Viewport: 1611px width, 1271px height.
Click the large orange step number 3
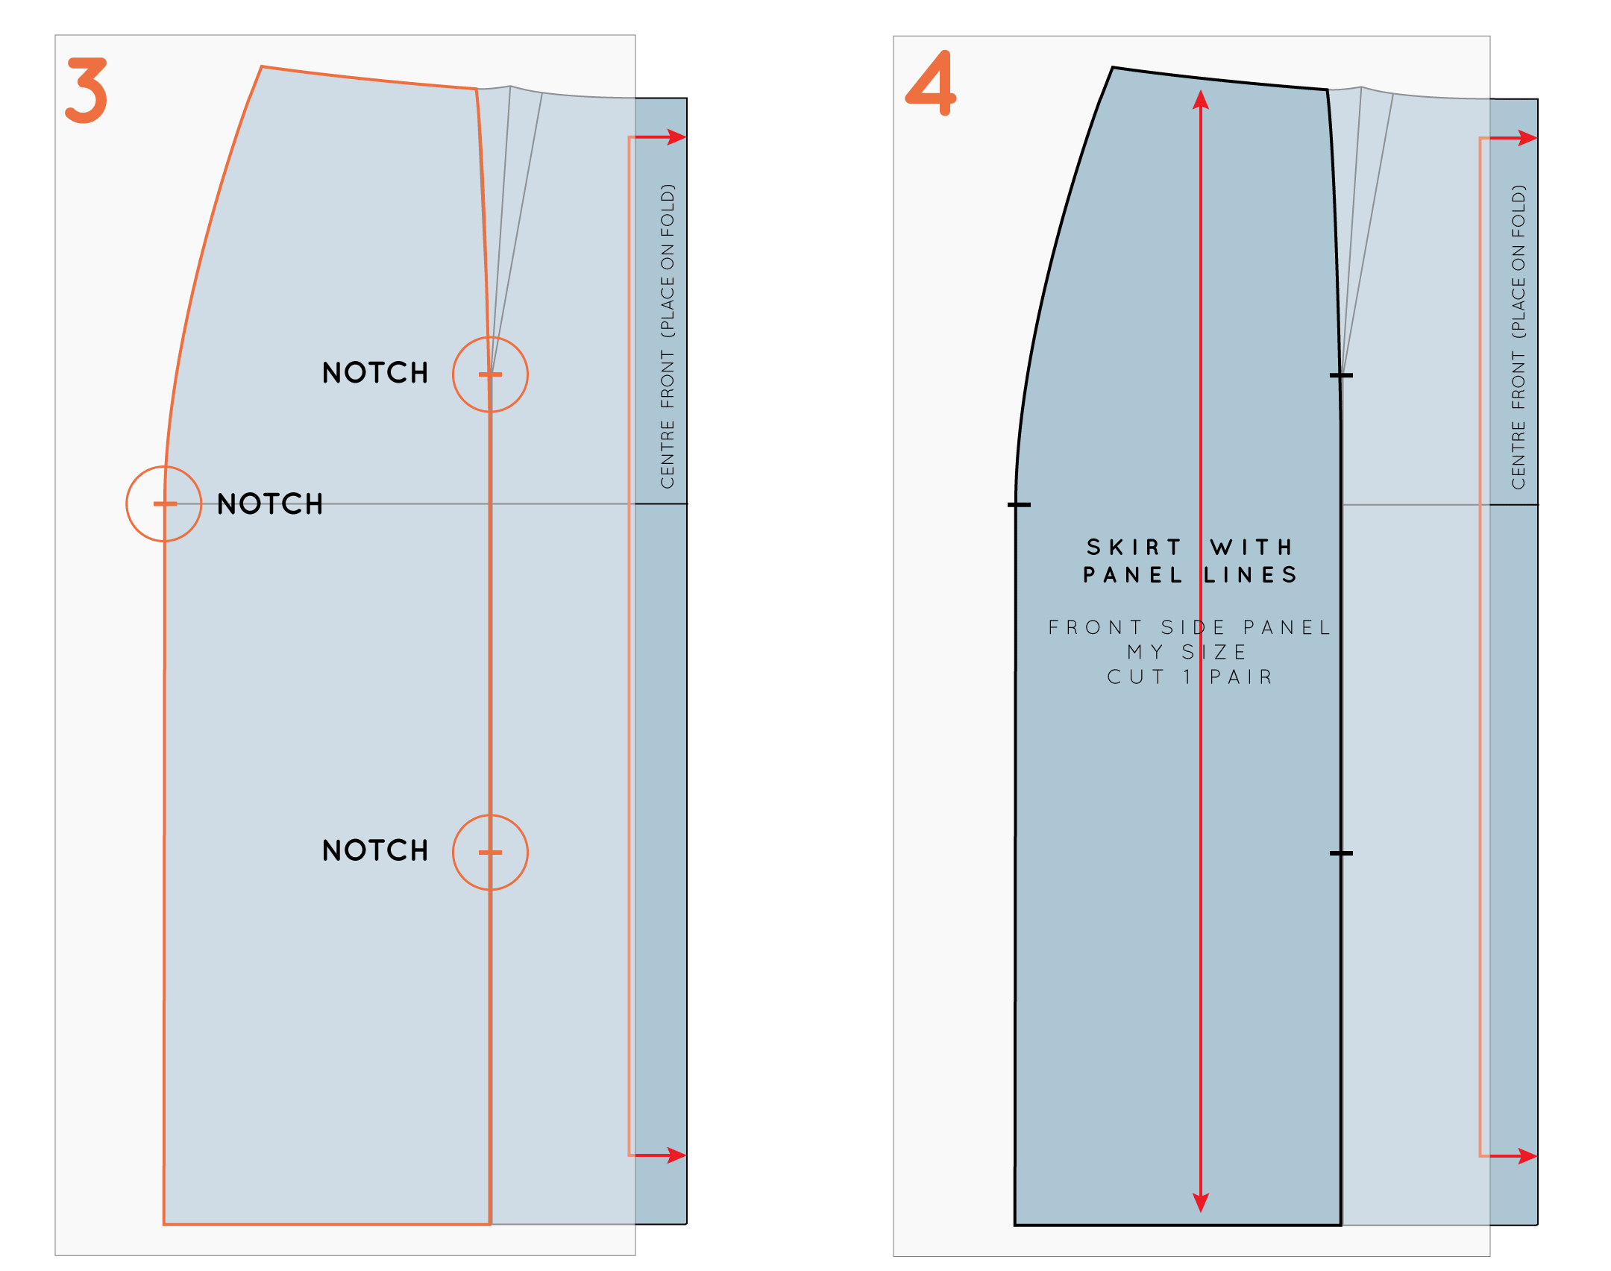click(x=87, y=90)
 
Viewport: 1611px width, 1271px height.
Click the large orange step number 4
click(x=932, y=83)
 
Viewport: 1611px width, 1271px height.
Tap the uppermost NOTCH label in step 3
click(x=375, y=373)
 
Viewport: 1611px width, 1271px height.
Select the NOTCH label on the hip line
click(x=270, y=504)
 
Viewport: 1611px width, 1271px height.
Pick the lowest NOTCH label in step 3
click(x=375, y=850)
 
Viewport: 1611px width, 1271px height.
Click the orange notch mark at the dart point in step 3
click(x=490, y=374)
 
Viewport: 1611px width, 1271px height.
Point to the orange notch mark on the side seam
click(x=165, y=504)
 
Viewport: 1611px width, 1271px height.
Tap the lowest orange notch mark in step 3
click(x=490, y=853)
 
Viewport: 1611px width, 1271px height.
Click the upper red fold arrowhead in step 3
click(x=676, y=137)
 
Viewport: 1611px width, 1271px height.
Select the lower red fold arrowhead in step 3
click(x=676, y=1155)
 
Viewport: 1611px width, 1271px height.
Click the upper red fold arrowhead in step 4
click(x=1527, y=138)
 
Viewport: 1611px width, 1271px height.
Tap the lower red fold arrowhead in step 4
click(x=1527, y=1156)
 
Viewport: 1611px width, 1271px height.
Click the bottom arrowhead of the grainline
click(x=1201, y=1202)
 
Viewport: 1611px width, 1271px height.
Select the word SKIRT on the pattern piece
click(x=1134, y=547)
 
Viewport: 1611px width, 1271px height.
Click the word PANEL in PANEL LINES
click(x=1133, y=575)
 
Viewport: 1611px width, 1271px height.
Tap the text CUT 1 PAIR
click(x=1190, y=677)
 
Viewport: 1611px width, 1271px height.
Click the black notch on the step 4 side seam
click(x=1019, y=505)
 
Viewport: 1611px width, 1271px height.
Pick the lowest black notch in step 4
click(x=1341, y=853)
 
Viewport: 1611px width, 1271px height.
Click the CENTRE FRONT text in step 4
click(x=1519, y=418)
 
